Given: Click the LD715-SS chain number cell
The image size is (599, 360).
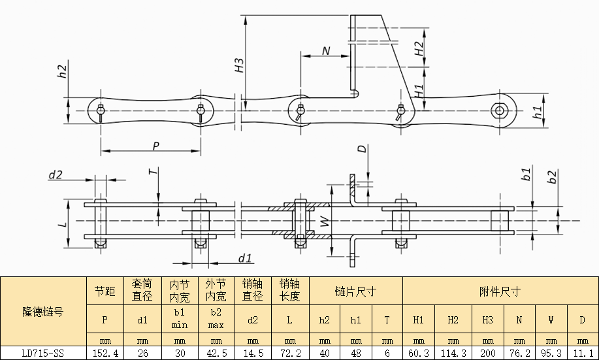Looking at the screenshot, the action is (x=43, y=353).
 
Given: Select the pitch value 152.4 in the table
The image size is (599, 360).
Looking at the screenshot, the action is (x=105, y=353).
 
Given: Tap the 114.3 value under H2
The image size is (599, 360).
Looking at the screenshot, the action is (x=453, y=353).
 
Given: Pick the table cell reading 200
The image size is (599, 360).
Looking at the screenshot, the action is (x=488, y=353).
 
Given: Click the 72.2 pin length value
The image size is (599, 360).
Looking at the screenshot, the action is (x=290, y=353).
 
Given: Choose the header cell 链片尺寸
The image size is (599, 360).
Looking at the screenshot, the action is (x=355, y=291).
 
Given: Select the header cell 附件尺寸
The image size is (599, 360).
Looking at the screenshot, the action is (x=500, y=291).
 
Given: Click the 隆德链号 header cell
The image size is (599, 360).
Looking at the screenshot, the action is (x=43, y=312).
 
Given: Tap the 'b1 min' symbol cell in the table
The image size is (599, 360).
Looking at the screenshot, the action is (x=180, y=319).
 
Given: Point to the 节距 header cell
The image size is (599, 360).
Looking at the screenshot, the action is (x=105, y=291).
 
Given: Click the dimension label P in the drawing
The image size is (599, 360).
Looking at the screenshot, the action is (x=155, y=146).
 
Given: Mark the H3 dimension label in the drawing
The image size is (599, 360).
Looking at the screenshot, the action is (x=239, y=65).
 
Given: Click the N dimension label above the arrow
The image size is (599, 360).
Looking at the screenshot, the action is (x=326, y=51).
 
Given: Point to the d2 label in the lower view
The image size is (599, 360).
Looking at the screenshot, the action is (x=56, y=175).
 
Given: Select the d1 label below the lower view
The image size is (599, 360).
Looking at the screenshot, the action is (x=245, y=258).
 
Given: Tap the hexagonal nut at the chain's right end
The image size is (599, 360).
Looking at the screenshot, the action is (x=499, y=111).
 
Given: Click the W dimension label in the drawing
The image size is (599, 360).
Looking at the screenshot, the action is (x=325, y=221).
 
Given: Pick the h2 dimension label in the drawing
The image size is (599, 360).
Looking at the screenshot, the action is (x=62, y=71).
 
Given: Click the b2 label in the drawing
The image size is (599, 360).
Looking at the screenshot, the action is (x=552, y=176).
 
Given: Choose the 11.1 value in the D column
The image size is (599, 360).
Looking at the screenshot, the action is (x=583, y=353).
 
